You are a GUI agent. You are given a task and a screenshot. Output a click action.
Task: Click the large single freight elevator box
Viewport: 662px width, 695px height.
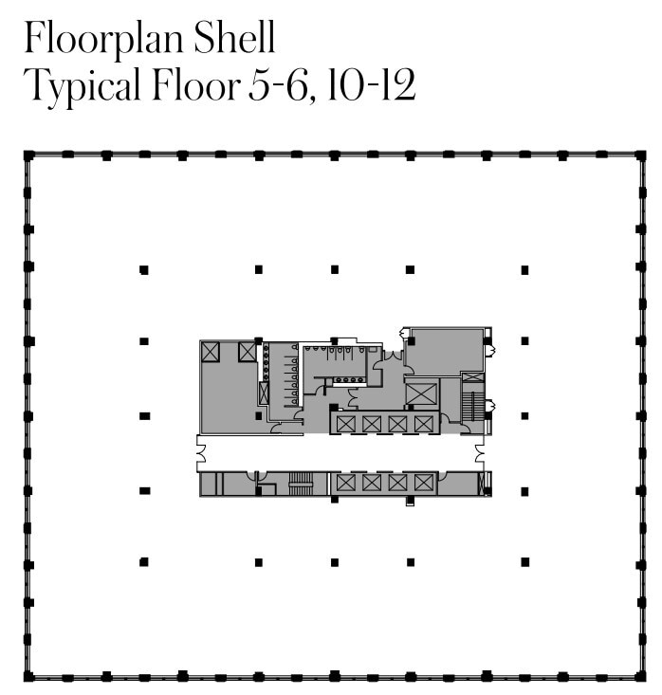click(x=421, y=392)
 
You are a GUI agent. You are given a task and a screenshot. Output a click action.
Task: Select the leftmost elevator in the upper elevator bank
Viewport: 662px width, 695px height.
click(x=345, y=423)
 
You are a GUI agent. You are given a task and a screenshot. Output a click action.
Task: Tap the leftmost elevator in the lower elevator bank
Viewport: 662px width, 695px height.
click(x=345, y=483)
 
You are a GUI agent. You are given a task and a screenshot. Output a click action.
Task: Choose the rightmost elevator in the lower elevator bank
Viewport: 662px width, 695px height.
click(x=423, y=483)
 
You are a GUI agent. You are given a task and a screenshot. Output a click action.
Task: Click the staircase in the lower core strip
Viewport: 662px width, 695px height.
click(x=301, y=483)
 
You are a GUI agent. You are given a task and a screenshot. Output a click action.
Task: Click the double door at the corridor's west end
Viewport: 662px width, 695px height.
click(x=201, y=452)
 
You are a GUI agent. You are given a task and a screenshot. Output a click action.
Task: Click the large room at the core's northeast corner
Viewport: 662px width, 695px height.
click(x=445, y=351)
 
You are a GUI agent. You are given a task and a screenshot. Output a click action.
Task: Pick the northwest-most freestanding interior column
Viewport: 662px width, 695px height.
click(x=144, y=270)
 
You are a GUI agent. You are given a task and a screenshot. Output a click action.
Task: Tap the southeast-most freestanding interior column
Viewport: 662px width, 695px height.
click(x=524, y=562)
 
